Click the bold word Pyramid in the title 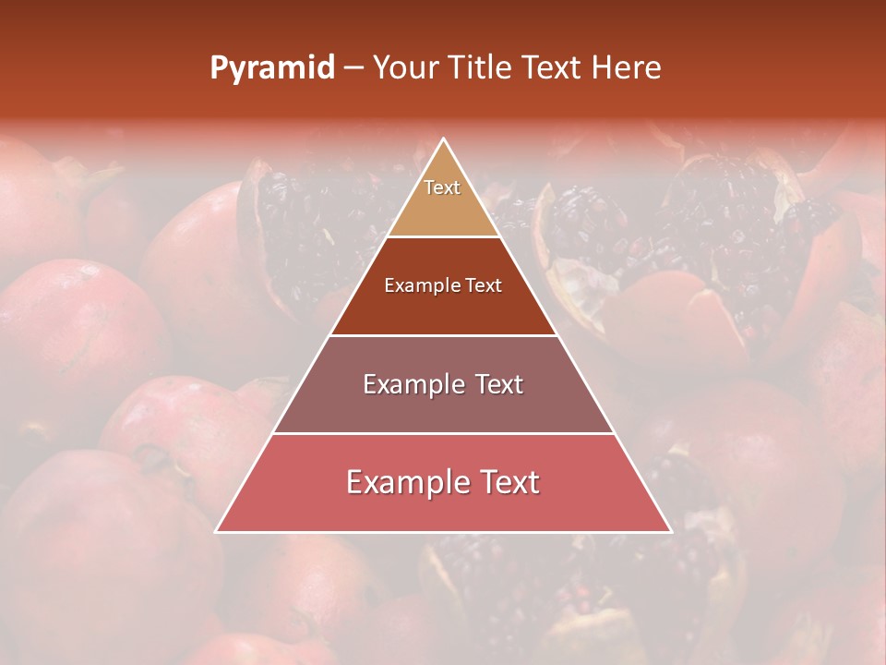coord(271,68)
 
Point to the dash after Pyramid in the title coord(353,68)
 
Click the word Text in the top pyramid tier coord(442,187)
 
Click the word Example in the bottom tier coord(404,482)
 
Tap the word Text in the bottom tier coord(506,482)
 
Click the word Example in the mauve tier coord(411,384)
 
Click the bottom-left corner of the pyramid coord(216,531)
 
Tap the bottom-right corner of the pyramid coord(671,531)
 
